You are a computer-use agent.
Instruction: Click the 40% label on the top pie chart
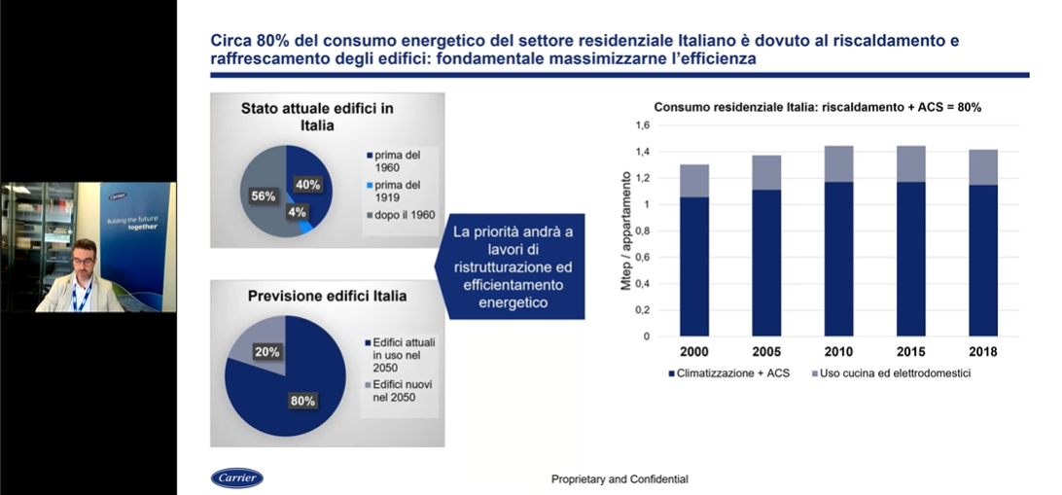pos(308,185)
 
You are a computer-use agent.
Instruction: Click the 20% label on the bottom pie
pos(267,352)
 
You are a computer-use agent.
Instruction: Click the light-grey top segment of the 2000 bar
pos(694,181)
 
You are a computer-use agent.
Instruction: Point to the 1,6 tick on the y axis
pos(641,125)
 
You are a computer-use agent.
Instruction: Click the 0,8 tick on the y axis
pos(641,231)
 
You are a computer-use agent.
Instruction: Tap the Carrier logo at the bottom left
pos(237,477)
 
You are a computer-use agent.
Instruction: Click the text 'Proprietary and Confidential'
pos(619,478)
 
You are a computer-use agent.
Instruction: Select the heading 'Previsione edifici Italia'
pos(327,296)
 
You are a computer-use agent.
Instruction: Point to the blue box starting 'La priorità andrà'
pos(511,267)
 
